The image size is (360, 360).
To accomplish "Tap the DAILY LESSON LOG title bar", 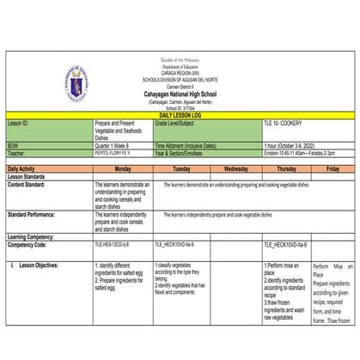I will click(180, 114).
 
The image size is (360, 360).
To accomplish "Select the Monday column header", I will click(122, 169).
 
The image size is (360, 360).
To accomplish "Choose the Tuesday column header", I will click(180, 169).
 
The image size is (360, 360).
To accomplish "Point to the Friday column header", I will click(332, 169).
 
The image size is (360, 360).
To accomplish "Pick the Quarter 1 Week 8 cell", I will click(116, 145).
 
